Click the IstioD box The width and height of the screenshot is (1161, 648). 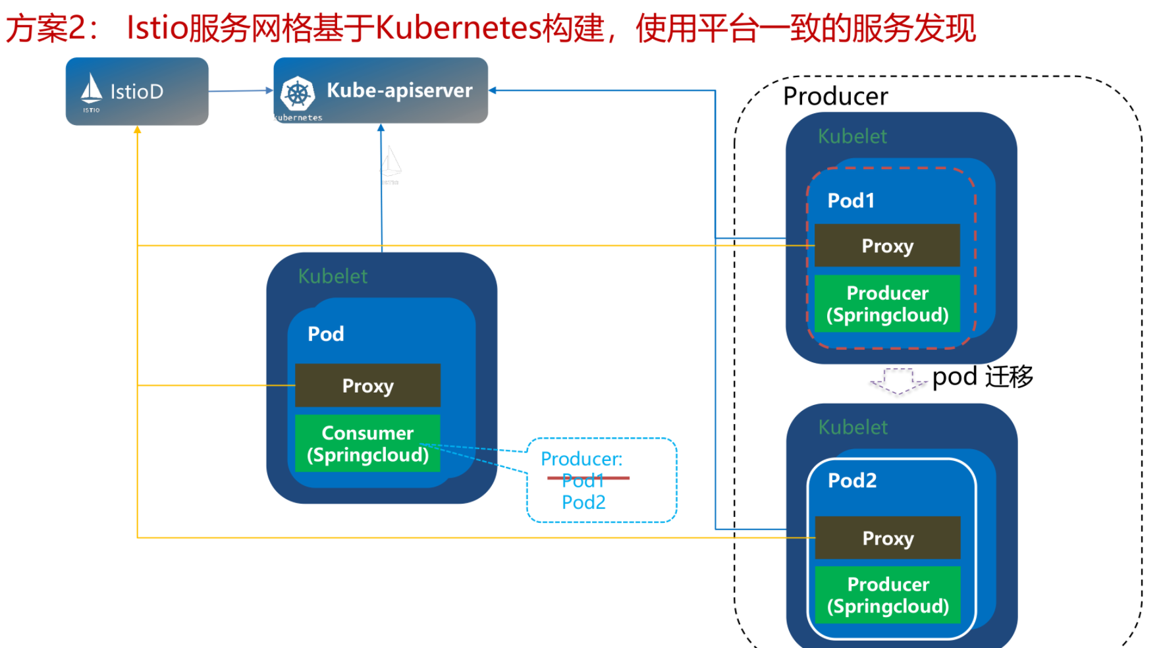click(x=137, y=92)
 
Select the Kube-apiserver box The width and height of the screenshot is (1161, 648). click(x=381, y=90)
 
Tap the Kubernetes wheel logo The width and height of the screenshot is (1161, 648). click(x=298, y=94)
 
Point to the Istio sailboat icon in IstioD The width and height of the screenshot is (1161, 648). click(x=92, y=89)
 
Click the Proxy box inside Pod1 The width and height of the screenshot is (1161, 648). click(x=887, y=246)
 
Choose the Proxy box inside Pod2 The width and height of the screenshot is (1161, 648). click(x=888, y=538)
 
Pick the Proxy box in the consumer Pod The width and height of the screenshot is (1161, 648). click(x=367, y=385)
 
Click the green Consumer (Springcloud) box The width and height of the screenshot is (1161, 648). click(x=367, y=443)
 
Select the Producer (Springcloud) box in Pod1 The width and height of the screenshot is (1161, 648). click(x=887, y=304)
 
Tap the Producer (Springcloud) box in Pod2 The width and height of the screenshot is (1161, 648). click(x=888, y=595)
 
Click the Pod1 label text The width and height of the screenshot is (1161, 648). click(x=851, y=201)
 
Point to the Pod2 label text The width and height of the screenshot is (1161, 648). click(x=852, y=481)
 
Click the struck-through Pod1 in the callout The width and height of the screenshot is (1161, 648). click(x=583, y=480)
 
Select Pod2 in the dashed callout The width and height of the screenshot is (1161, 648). click(x=583, y=502)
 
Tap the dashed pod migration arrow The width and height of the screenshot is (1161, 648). click(x=897, y=381)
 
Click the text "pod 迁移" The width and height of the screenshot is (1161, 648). click(x=983, y=377)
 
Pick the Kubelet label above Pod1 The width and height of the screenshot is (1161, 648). click(x=852, y=136)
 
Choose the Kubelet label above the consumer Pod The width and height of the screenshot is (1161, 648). click(x=333, y=276)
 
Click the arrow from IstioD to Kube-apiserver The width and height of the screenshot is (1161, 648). click(x=240, y=91)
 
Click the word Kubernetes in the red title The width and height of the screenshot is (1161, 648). click(x=458, y=28)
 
